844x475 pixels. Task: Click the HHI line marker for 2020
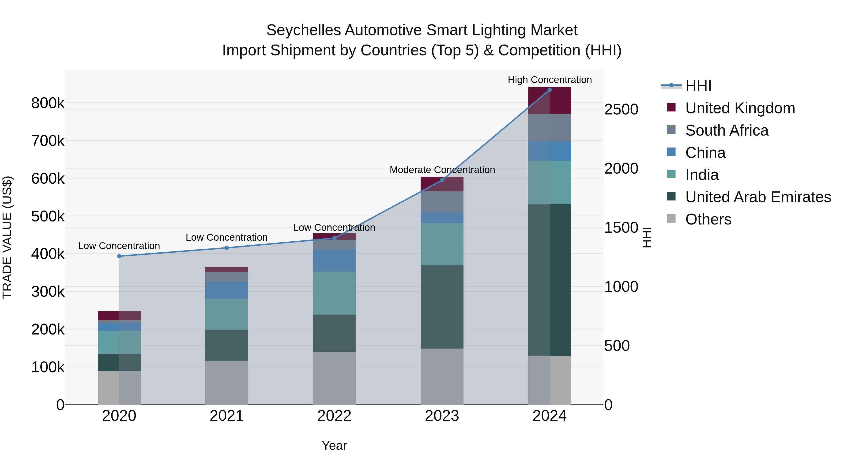click(x=119, y=256)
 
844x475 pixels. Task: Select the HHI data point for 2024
click(x=550, y=90)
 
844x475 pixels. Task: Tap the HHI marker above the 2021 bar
click(x=227, y=248)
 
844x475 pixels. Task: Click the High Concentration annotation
click(x=550, y=80)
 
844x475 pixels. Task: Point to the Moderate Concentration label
click(x=442, y=170)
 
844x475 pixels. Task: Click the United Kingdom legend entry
click(x=740, y=108)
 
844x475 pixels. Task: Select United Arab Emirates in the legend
click(x=758, y=197)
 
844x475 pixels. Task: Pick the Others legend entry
click(x=708, y=219)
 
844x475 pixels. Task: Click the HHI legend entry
click(x=698, y=86)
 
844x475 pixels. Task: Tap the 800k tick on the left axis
click(x=48, y=103)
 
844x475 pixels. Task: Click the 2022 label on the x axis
click(x=334, y=416)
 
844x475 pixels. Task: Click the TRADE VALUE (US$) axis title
click(x=7, y=237)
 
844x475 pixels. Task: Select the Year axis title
click(x=334, y=445)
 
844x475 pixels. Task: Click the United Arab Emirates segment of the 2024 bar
click(x=550, y=280)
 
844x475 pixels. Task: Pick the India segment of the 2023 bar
click(x=442, y=244)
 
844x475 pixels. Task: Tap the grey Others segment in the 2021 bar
click(x=227, y=383)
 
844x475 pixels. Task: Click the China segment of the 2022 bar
click(x=334, y=261)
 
